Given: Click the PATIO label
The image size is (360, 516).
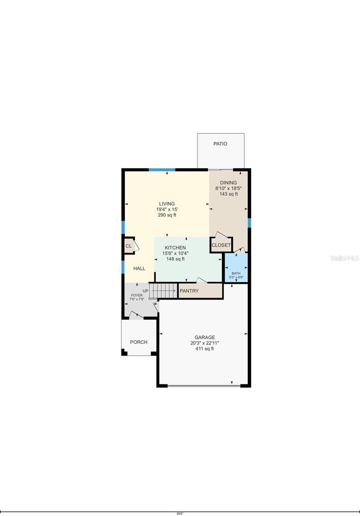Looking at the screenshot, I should coord(220,144).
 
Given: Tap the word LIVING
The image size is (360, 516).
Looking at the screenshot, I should coord(166,204).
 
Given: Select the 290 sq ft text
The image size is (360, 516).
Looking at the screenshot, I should coord(166,215).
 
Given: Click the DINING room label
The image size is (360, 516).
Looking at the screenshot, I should coord(228,183).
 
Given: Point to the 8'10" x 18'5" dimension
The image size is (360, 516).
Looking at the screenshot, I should coord(228,188).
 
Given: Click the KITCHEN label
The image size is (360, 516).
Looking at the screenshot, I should coord(175,248).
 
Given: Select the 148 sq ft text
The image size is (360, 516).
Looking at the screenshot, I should coord(175,259).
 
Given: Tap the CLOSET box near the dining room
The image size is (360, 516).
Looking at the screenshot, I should coord(221,245).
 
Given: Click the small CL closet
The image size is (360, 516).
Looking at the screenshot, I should coord(128,246).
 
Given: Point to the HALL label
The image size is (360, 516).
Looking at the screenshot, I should coord(139,268).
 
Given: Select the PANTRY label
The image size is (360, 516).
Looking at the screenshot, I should coord(189,291).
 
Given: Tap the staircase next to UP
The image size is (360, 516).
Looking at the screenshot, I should coord(164,291).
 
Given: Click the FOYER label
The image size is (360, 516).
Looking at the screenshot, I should coord(137,295).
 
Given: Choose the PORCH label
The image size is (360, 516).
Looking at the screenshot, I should coord(138,342).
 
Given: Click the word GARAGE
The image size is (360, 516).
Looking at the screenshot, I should coord(204,338).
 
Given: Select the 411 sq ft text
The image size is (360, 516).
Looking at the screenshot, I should coord(204,349).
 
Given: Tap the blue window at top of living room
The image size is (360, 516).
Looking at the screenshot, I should coord(162,170).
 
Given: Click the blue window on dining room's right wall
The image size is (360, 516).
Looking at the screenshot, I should coord(249,222).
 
